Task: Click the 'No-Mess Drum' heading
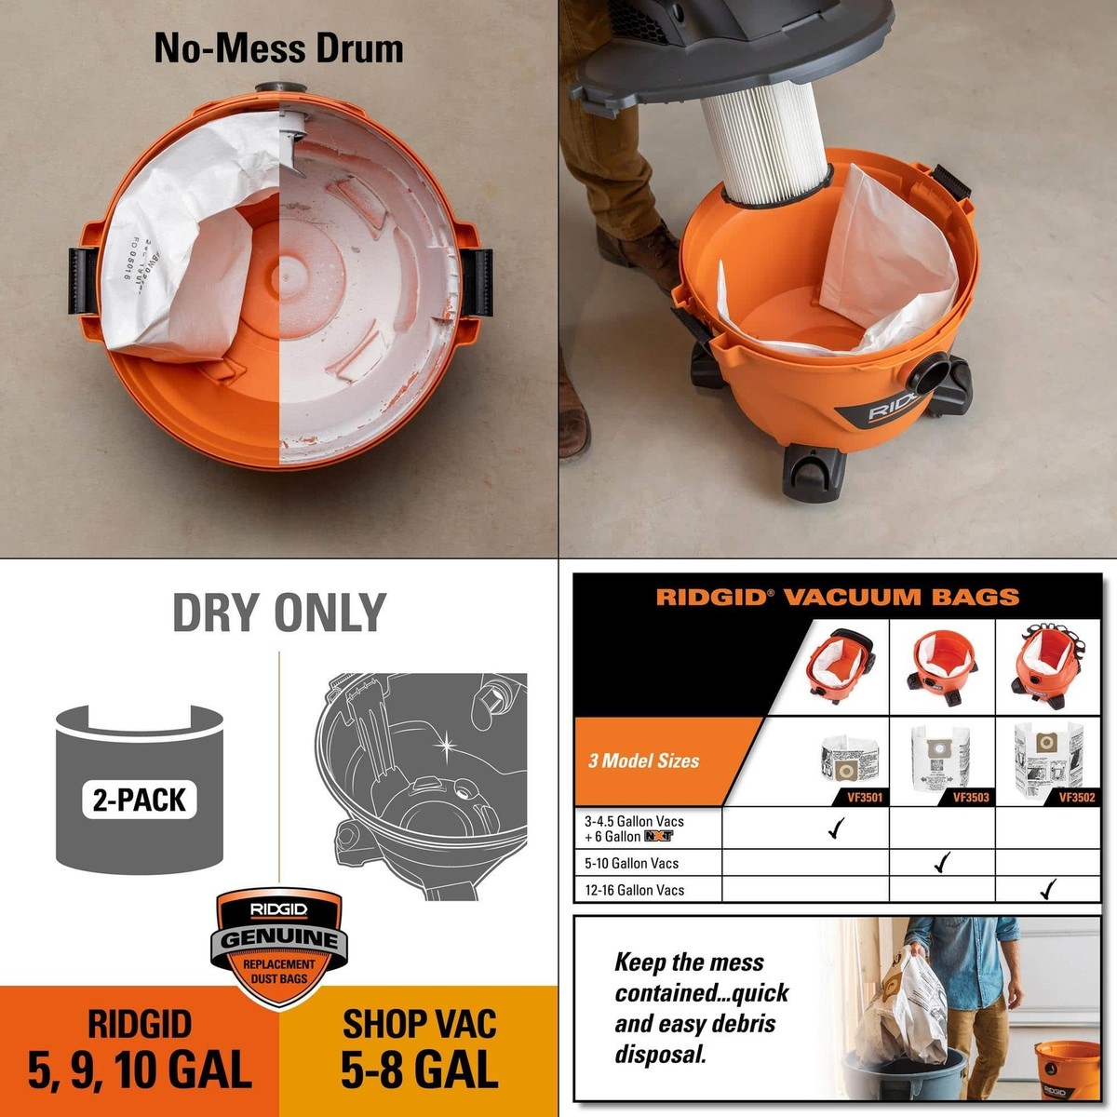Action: click(x=278, y=48)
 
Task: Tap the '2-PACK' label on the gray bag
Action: click(x=140, y=800)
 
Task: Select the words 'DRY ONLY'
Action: click(x=279, y=612)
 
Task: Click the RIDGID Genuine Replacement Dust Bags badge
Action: click(x=279, y=942)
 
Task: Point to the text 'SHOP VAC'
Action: click(x=419, y=1024)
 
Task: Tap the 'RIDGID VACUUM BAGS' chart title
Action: click(x=837, y=597)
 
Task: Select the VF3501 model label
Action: click(x=864, y=797)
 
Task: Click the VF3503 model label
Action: click(x=970, y=797)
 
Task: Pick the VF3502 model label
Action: click(x=1076, y=797)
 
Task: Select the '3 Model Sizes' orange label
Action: click(x=643, y=760)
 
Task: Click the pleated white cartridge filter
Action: click(x=762, y=149)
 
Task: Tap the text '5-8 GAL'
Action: click(x=419, y=1070)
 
